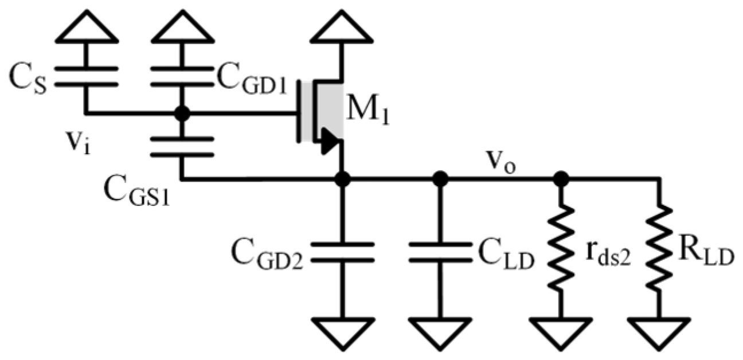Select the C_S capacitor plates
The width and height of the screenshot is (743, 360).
point(87,77)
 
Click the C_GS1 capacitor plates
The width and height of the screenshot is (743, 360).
point(182,147)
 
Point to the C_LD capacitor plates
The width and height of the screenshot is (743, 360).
point(440,253)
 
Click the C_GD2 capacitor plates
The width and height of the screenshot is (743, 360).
point(342,253)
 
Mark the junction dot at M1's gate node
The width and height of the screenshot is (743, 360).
point(182,113)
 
